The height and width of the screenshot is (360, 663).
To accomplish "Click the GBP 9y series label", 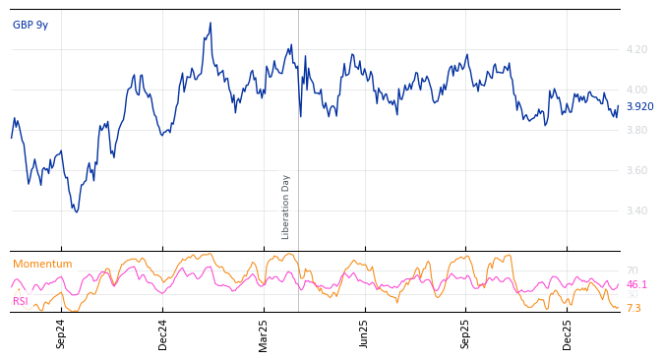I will pos(30,26).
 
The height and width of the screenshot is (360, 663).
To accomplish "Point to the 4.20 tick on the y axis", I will pos(636,49).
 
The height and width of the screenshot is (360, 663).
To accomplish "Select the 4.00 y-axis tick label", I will pos(636,90).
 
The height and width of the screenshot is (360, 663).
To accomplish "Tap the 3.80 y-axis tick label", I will pos(636,130).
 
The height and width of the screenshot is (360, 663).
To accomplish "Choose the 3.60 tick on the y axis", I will pos(636,170).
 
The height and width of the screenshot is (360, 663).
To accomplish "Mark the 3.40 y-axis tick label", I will pos(636,210).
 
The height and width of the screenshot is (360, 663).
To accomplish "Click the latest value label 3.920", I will pos(639,107).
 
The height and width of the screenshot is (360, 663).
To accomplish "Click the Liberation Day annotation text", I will pos(286,207).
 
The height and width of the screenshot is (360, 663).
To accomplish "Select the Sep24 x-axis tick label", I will pos(61,333).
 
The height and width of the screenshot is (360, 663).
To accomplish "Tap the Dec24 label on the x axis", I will pos(163,333).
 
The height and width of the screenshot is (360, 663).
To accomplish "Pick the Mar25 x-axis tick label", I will pos(264,333).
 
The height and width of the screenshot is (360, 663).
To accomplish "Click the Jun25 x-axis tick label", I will pos(365,333).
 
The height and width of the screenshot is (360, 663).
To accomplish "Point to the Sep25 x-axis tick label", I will pos(466,333).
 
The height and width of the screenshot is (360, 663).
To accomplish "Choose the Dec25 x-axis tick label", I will pos(568,333).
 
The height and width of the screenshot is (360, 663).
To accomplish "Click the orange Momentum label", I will pos(42,265).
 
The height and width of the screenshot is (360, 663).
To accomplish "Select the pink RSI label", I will pos(21,301).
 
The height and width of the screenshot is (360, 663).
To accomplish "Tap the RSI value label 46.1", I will pos(636,284).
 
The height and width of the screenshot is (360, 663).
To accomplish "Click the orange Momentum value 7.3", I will pos(633,308).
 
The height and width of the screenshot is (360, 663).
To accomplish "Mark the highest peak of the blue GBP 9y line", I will pos(211,23).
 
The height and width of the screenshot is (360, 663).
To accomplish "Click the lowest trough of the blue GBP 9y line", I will pos(76,211).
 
